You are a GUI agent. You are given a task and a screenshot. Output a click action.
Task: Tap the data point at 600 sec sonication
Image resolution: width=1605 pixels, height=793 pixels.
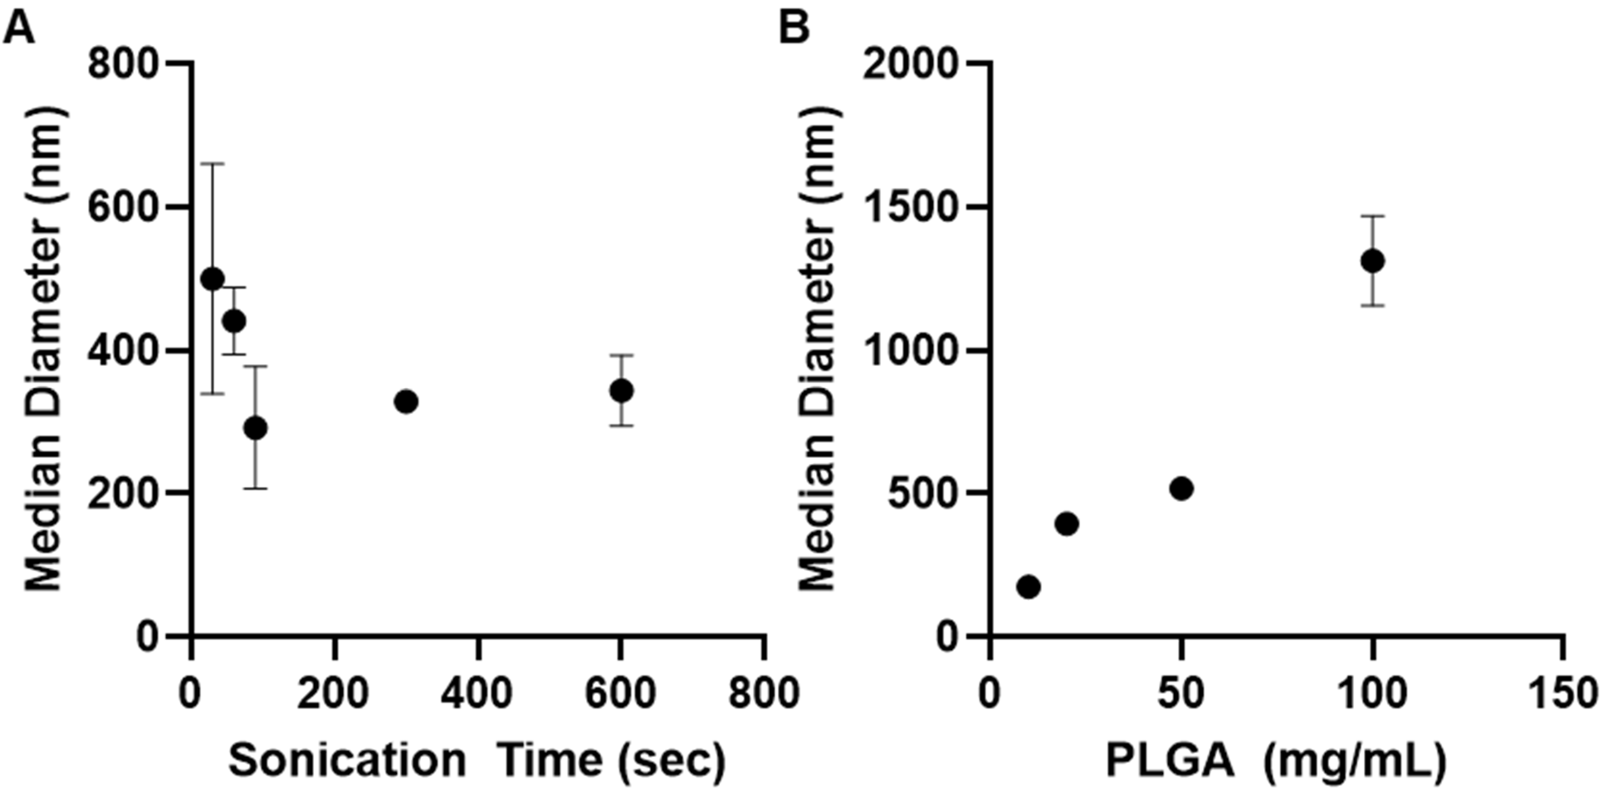tap(621, 391)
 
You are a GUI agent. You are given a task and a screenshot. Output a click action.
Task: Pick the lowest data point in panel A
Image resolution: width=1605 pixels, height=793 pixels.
tap(256, 428)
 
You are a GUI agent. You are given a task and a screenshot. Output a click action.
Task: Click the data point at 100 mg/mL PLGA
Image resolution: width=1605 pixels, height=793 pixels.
tap(1372, 261)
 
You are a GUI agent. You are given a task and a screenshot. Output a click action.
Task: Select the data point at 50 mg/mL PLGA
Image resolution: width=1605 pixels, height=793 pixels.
tap(1181, 489)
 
